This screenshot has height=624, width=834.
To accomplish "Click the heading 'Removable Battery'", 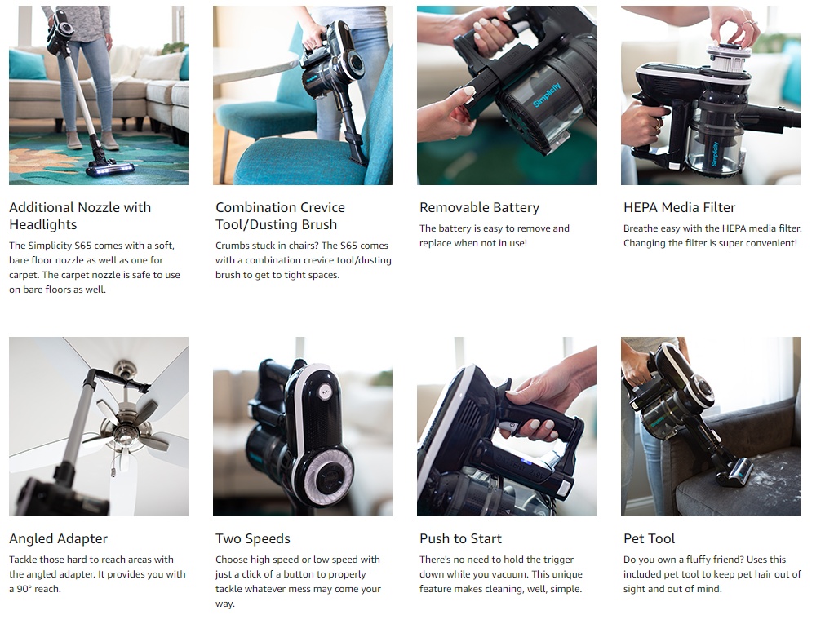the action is click(479, 207).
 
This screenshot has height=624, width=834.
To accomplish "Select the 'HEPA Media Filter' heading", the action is click(679, 207).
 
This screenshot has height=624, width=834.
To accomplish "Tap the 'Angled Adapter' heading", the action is click(58, 539).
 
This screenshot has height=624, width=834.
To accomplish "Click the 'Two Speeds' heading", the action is click(253, 539).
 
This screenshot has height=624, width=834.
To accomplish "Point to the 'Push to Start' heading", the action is click(460, 538).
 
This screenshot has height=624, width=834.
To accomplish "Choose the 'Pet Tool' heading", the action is click(649, 538).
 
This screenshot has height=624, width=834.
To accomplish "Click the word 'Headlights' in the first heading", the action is click(43, 225).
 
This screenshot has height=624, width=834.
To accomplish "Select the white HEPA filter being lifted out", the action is click(728, 60).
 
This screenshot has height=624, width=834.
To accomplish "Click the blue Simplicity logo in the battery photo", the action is click(547, 95).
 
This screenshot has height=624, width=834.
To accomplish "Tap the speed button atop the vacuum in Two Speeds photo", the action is click(325, 392).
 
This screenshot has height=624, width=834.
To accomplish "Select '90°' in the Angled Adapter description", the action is click(24, 589).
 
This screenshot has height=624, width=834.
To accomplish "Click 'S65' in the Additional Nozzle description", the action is click(83, 246).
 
